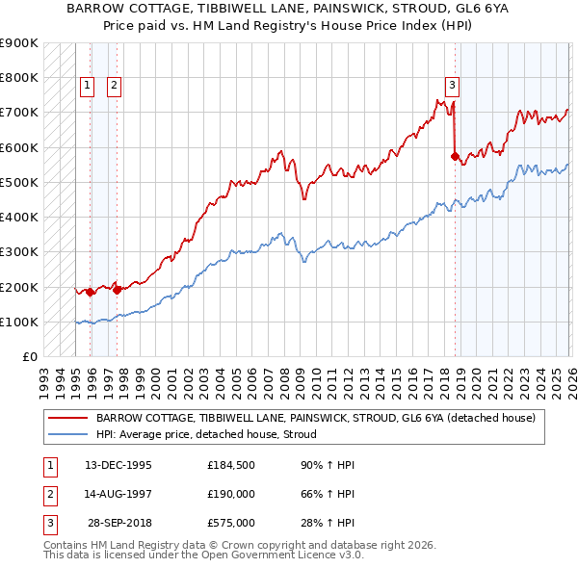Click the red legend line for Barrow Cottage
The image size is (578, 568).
tap(67, 418)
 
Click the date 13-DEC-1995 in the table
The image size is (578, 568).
tap(118, 465)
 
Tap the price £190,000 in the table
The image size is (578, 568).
tap(231, 494)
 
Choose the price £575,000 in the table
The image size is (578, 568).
tap(231, 523)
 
